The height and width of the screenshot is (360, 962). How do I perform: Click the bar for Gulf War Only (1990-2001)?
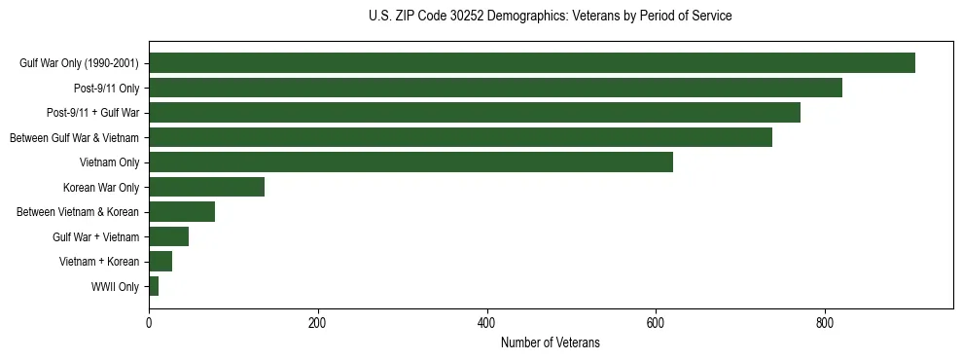click(x=531, y=63)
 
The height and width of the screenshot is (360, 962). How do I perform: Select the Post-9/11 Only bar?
click(x=495, y=88)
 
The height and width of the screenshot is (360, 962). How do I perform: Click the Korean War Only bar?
click(x=206, y=187)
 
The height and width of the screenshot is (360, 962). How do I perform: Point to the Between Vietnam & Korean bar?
click(x=182, y=212)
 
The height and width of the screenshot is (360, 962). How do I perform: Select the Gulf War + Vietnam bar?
click(x=168, y=236)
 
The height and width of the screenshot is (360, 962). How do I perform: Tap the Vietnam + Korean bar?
click(x=160, y=262)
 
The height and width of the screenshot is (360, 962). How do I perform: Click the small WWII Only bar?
click(x=154, y=286)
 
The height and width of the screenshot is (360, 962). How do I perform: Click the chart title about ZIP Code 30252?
click(x=551, y=17)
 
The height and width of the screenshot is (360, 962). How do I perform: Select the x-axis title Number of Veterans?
click(x=551, y=343)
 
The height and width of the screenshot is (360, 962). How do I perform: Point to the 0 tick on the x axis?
click(x=149, y=324)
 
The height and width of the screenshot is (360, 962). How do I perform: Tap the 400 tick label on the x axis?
click(x=486, y=324)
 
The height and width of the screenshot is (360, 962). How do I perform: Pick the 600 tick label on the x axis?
click(x=656, y=324)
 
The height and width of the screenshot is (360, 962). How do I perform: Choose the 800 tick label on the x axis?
click(x=825, y=324)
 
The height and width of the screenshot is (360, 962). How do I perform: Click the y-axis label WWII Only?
click(x=115, y=287)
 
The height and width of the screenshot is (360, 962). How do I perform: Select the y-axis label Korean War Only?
click(x=101, y=188)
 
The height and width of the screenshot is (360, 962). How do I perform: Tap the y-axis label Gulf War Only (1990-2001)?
click(x=79, y=64)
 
